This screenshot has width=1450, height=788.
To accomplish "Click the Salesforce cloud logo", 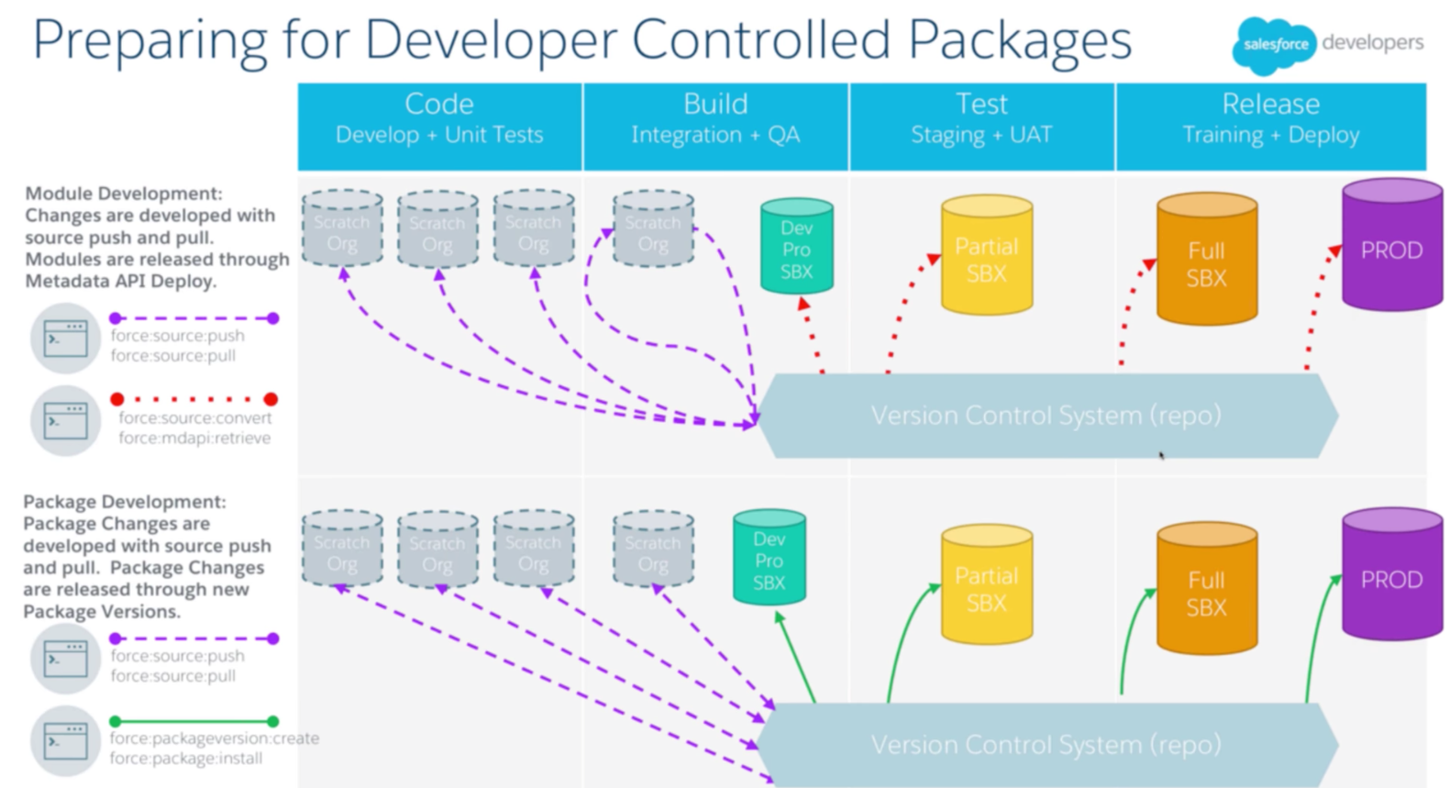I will pos(1273,44).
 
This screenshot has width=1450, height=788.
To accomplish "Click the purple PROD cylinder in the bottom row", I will pos(1391,579).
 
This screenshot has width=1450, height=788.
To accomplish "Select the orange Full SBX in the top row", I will pos(1206,263).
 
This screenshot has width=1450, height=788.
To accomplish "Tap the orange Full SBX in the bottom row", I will pos(1206,593).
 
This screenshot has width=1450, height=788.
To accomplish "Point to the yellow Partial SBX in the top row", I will pos(986,259).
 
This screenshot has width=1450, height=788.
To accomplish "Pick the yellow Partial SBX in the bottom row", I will pos(986,588).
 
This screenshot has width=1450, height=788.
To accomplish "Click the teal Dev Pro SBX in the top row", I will pos(796,250).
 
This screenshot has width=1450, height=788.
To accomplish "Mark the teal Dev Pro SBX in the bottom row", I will pos(769,560).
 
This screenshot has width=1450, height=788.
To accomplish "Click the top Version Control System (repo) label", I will pos(1046,416).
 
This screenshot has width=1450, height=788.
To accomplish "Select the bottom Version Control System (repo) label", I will pos(1046,744).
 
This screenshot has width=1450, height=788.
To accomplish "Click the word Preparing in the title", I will pos(149,41).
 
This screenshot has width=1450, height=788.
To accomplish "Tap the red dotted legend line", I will pos(194,399).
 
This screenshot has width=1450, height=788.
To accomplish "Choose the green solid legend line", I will pos(194,721).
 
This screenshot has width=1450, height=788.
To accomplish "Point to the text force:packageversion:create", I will pos(214,738).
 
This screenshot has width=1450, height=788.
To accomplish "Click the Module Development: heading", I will pos(123,194).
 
